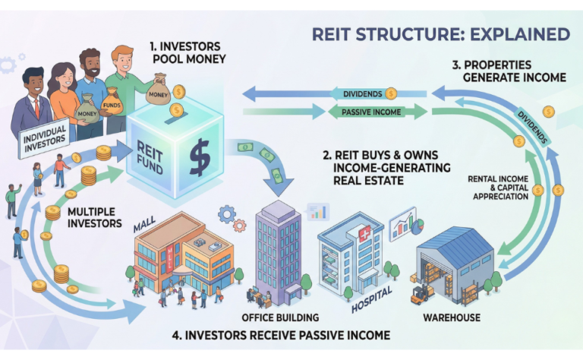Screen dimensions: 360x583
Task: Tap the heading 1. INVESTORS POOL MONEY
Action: click(x=188, y=52)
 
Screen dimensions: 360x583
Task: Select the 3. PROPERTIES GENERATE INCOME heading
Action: click(x=501, y=71)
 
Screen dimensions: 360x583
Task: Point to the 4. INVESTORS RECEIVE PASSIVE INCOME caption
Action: click(x=291, y=334)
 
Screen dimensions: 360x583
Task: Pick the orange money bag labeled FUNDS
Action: click(x=112, y=99)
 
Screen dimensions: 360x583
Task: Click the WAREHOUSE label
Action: click(x=452, y=317)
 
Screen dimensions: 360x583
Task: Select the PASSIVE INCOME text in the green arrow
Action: click(x=362, y=112)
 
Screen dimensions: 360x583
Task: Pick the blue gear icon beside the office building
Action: click(x=226, y=213)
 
